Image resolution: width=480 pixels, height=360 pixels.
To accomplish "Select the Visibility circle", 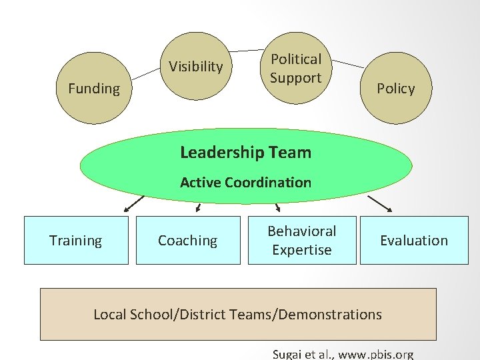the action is click(x=195, y=67).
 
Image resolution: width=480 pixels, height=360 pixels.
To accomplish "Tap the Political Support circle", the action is click(x=295, y=69).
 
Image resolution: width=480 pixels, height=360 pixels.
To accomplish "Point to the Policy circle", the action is click(x=395, y=89).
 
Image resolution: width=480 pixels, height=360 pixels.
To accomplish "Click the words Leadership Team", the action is click(x=245, y=153).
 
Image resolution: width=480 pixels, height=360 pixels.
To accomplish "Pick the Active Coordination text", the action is click(x=245, y=182).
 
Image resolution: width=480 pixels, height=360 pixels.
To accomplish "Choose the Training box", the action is click(x=76, y=241).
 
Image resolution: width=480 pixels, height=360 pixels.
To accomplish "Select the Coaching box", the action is click(x=187, y=241).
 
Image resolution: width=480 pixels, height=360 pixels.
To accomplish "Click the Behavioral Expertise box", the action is click(x=302, y=241).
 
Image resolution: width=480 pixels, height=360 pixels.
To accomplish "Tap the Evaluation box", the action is click(x=413, y=241).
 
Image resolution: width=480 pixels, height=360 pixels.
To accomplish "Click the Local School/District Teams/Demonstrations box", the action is click(x=238, y=314).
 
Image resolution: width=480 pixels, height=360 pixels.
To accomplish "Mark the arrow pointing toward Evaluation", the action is click(x=379, y=203).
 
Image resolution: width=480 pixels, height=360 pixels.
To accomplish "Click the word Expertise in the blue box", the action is click(x=301, y=250).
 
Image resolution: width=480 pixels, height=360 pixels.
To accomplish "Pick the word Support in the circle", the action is click(x=295, y=78).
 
